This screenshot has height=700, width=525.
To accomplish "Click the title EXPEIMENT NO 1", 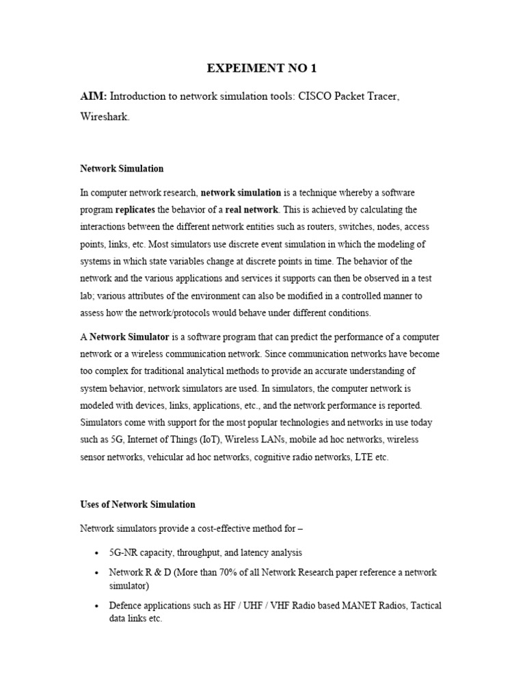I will pyautogui.click(x=262, y=68).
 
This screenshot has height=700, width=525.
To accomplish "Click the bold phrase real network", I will pyautogui.click(x=252, y=210).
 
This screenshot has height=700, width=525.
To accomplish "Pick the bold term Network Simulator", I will pyautogui.click(x=126, y=338).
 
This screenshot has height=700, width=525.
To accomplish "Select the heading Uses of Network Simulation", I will pyautogui.click(x=137, y=504).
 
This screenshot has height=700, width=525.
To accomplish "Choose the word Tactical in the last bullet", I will pyautogui.click(x=425, y=606).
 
